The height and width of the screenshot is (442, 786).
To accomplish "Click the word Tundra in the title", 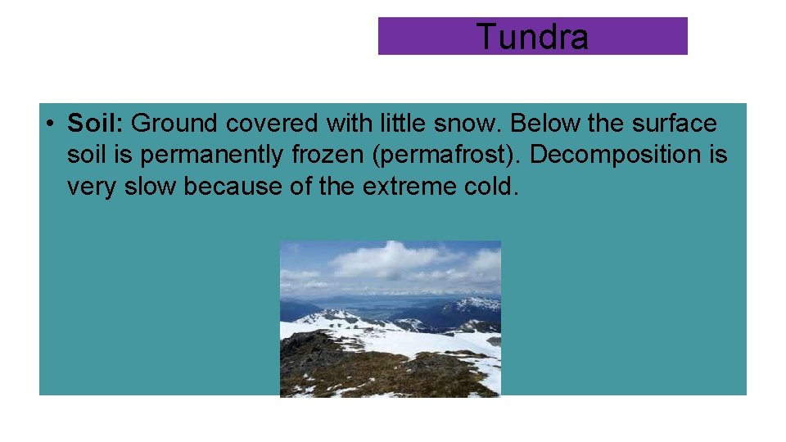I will click(531, 37).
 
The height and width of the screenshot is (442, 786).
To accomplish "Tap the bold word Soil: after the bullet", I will click(95, 124).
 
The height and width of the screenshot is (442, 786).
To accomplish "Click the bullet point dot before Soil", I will click(50, 124).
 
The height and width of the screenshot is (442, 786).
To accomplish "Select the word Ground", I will click(174, 124).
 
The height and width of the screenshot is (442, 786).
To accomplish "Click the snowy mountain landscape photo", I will click(390, 318).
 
